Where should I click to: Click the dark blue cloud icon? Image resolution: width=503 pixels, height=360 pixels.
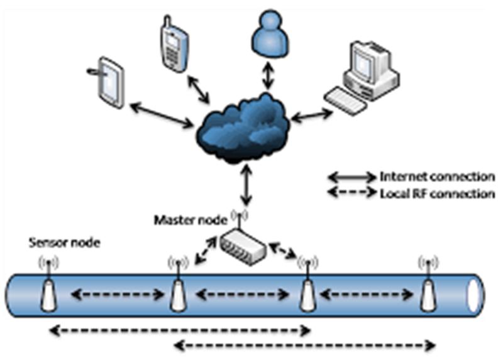[x=243, y=128]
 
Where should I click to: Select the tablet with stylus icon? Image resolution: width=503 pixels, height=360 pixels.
[x=108, y=82]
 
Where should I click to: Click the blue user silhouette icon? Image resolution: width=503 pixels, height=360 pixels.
[x=270, y=35]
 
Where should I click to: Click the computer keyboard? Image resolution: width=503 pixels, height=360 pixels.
[x=345, y=101]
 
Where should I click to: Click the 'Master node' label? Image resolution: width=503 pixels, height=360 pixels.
[x=191, y=221]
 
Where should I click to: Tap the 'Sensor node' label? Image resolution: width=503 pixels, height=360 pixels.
[x=65, y=243]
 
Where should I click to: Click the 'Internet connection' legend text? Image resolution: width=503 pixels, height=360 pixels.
[x=437, y=177]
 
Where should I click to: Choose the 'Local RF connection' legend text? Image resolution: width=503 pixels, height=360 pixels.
[x=437, y=194]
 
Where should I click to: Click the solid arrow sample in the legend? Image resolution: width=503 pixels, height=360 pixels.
[x=352, y=177]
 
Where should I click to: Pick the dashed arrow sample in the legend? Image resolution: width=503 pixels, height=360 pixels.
[x=352, y=193]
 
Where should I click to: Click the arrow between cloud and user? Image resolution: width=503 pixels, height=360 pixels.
[x=268, y=75]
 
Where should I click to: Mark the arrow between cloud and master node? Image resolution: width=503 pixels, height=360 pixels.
[x=246, y=185]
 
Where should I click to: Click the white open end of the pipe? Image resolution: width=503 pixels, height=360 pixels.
[x=473, y=295]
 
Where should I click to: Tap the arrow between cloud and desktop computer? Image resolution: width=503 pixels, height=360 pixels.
[x=312, y=116]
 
